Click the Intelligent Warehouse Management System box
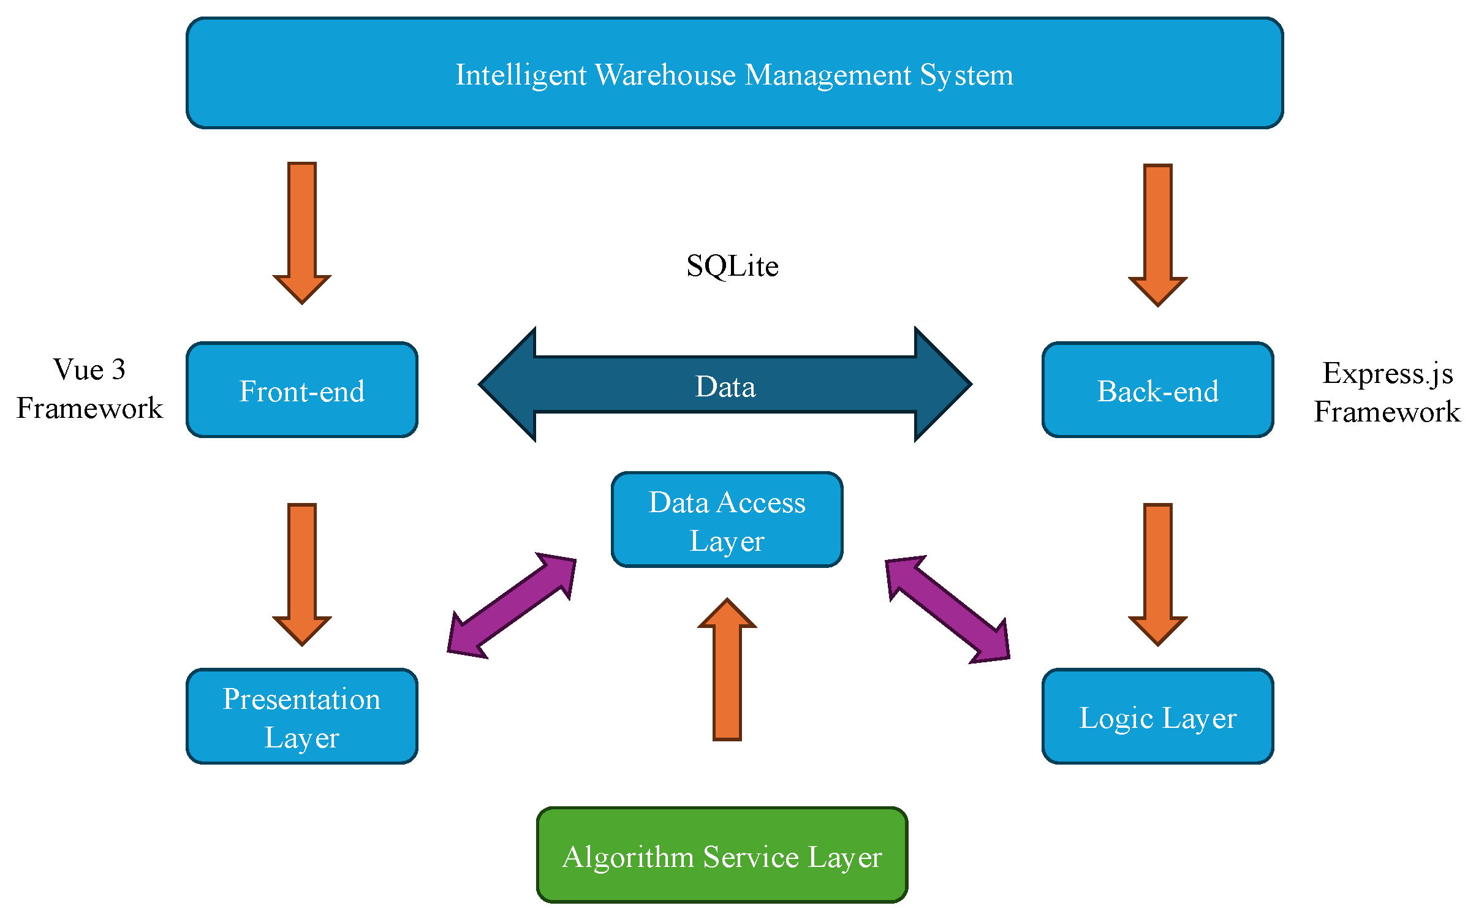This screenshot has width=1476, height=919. coord(735,73)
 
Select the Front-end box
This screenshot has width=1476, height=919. coord(302,390)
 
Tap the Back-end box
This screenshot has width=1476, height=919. coord(1158,390)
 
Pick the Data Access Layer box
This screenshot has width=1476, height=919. coord(727,520)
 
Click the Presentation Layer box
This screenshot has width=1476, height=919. coord(302,716)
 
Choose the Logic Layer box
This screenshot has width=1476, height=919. coord(1158,716)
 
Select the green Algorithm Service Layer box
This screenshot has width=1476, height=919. coord(722,855)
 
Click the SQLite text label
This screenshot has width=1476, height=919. coord(732,266)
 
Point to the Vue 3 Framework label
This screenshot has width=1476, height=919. coord(89,389)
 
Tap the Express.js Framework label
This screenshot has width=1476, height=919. coord(1387,393)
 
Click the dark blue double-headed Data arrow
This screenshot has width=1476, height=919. coord(725,384)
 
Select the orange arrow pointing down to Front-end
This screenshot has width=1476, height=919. coord(302,233)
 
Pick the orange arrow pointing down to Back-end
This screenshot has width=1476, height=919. coord(1158,235)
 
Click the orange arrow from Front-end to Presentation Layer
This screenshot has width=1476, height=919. coord(302,575)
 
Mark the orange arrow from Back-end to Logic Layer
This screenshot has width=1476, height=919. coord(1158,575)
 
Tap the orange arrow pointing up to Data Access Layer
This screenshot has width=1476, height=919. coord(727,670)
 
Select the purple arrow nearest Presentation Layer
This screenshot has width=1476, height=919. coord(512,606)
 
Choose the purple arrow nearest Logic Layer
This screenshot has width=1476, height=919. coord(948,610)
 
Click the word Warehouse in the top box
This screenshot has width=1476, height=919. coord(665,75)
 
